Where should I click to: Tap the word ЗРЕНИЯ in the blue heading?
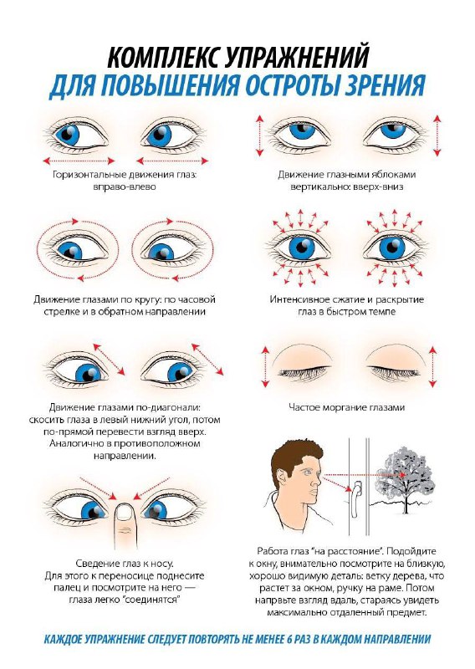tap(382, 86)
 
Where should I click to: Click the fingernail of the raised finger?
tap(125, 512)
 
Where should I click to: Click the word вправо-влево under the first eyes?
tap(125, 186)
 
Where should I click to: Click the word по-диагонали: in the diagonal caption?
tap(170, 407)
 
